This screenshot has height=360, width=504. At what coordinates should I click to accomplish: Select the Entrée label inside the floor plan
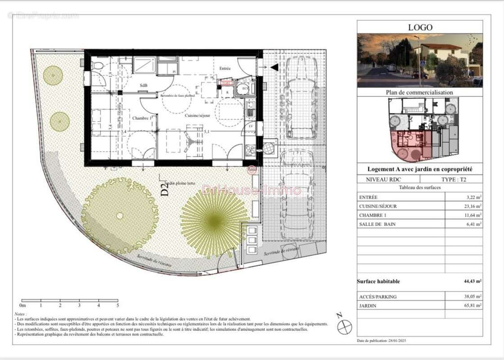[225, 69]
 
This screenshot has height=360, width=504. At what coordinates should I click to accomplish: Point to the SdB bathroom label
[143, 86]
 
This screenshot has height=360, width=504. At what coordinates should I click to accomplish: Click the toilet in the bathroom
[97, 66]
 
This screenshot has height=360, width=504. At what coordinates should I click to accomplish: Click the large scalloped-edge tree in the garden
[119, 216]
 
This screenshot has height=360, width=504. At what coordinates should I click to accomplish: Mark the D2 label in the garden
[165, 190]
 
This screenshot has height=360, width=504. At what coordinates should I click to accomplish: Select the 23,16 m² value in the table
[472, 206]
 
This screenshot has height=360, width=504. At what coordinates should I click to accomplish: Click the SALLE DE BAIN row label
[377, 224]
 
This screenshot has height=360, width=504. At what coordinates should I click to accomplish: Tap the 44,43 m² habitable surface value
[472, 281]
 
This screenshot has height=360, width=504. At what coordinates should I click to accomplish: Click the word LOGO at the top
[420, 27]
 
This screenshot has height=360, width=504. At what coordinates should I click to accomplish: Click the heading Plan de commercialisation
[419, 92]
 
